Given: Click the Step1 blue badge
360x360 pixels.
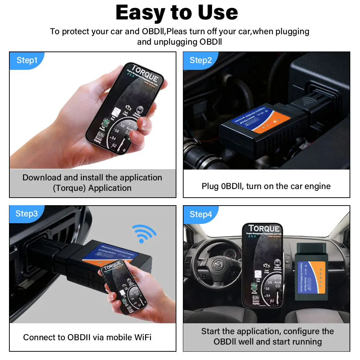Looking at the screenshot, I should [x=27, y=60].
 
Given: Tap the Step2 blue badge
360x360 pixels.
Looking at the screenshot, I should [x=201, y=60].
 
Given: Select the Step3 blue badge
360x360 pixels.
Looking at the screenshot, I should [x=27, y=213].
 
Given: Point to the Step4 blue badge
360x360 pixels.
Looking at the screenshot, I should [x=201, y=215].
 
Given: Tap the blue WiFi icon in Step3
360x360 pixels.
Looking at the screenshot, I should [x=144, y=234].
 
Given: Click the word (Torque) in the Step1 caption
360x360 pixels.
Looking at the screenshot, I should [x=69, y=188].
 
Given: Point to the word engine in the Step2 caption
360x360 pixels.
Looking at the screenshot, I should [x=317, y=186].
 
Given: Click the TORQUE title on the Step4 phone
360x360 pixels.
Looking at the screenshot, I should [x=264, y=229].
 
